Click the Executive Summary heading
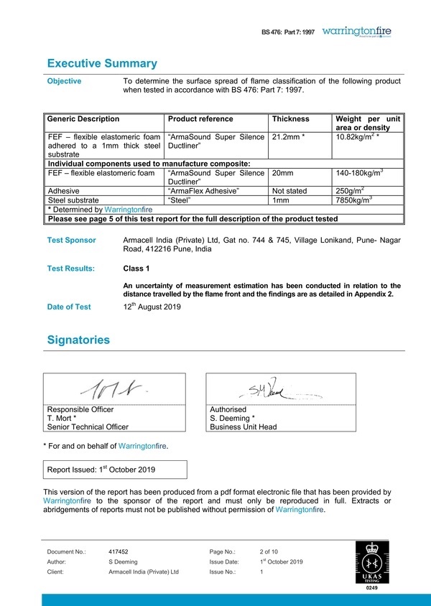[102, 63]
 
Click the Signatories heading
[78, 339]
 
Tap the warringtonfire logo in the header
[357, 32]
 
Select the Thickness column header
[291, 119]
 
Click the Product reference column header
[200, 119]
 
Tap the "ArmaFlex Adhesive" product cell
[203, 191]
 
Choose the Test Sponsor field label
[71, 241]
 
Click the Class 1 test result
[136, 269]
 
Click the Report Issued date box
[116, 470]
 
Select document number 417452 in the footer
[119, 551]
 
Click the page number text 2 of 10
[271, 551]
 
